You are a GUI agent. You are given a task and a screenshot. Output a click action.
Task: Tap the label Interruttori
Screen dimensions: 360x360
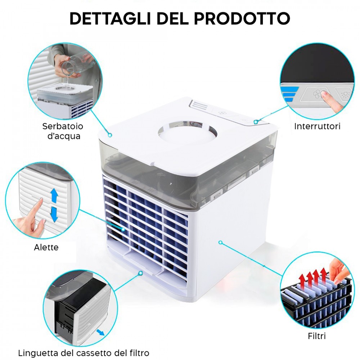click(317, 126)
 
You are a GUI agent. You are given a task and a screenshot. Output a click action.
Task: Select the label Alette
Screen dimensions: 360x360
click(46, 247)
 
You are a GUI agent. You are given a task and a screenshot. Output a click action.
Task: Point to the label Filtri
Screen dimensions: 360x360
click(317, 336)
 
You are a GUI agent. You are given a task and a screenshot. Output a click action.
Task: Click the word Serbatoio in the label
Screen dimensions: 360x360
click(63, 126)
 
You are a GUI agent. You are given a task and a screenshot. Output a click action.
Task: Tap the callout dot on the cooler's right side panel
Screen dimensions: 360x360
click(221, 242)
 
